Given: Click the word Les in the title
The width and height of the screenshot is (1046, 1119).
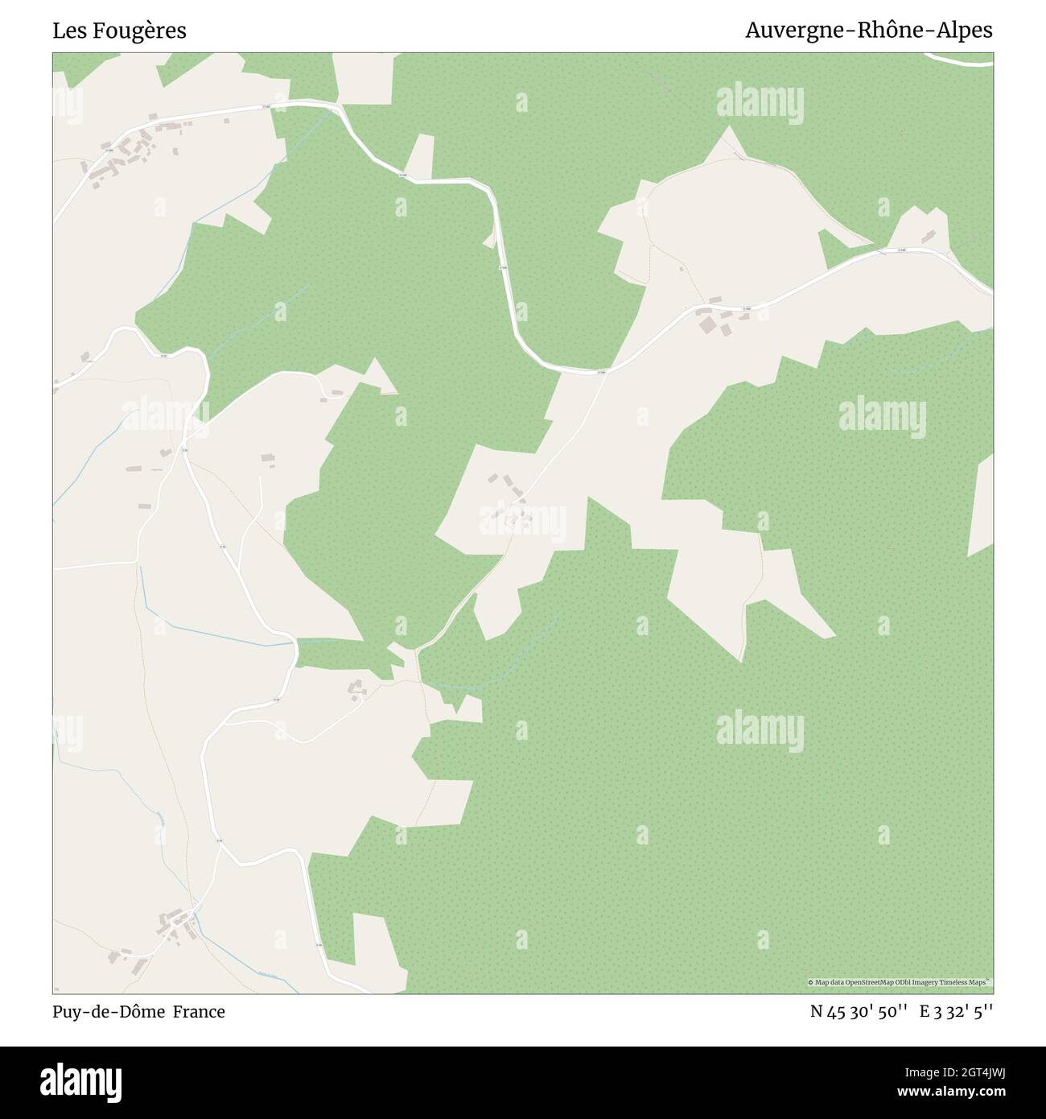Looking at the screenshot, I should pyautogui.click(x=69, y=31).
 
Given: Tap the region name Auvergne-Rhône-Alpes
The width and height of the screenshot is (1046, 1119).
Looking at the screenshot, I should pyautogui.click(x=868, y=31).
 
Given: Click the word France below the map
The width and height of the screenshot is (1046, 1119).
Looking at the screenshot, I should pyautogui.click(x=200, y=1012).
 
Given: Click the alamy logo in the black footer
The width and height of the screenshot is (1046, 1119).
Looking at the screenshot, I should pyautogui.click(x=84, y=1080).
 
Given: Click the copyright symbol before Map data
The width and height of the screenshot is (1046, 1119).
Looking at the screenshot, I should pyautogui.click(x=811, y=983).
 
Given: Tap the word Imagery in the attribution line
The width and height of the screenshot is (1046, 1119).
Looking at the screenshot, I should pyautogui.click(x=933, y=983).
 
